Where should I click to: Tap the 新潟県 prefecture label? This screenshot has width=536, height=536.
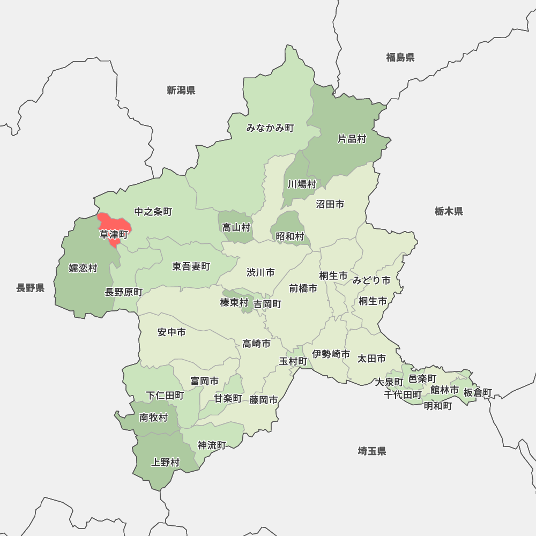tap(181, 90)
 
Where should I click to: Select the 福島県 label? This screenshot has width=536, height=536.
tap(400, 57)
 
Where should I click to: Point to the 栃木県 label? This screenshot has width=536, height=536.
tap(449, 211)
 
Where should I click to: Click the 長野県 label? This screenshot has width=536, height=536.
tap(30, 288)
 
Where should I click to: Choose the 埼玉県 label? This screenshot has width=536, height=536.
tap(372, 451)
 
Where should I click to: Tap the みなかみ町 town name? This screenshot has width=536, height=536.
tap(270, 128)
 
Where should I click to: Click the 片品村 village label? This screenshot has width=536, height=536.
tap(352, 139)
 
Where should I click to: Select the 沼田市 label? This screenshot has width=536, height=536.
tap(330, 204)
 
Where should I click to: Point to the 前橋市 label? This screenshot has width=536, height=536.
tap(303, 288)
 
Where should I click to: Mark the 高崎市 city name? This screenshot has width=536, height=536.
tap(256, 344)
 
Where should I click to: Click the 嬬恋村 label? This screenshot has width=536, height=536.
tap(83, 268)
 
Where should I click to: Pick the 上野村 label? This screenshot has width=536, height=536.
tap(166, 462)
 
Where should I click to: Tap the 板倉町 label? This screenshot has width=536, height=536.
tap(478, 392)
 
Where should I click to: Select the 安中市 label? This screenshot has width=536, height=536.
tap(172, 332)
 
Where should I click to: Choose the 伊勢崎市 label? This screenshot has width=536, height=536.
tap(331, 354)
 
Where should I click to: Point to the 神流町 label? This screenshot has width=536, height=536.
tap(212, 445)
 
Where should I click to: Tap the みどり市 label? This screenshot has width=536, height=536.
tap(371, 280)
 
